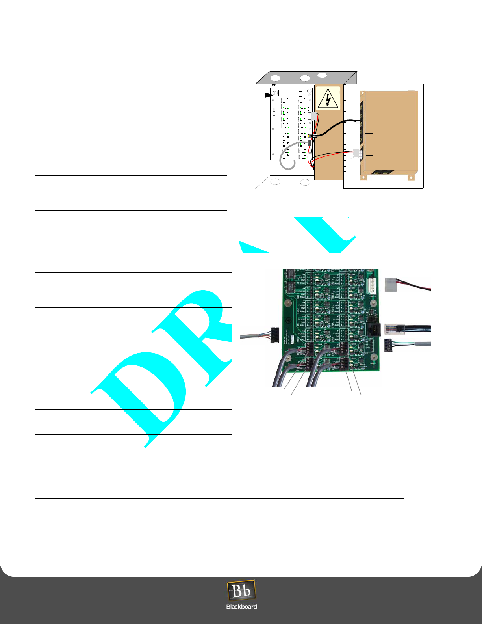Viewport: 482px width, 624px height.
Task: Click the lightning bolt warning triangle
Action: (327, 99)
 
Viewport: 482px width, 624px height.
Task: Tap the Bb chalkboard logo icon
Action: (241, 591)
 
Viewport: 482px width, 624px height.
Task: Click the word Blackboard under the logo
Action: (241, 607)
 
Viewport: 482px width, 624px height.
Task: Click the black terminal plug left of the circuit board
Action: (275, 336)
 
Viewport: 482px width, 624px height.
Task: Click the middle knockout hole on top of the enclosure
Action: (305, 78)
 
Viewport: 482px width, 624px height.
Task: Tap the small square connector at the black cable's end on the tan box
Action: (358, 122)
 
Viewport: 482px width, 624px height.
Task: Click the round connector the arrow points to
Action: (275, 93)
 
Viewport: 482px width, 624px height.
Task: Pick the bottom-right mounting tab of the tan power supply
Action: (411, 178)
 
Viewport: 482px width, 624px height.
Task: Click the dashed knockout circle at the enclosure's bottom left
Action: (275, 182)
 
